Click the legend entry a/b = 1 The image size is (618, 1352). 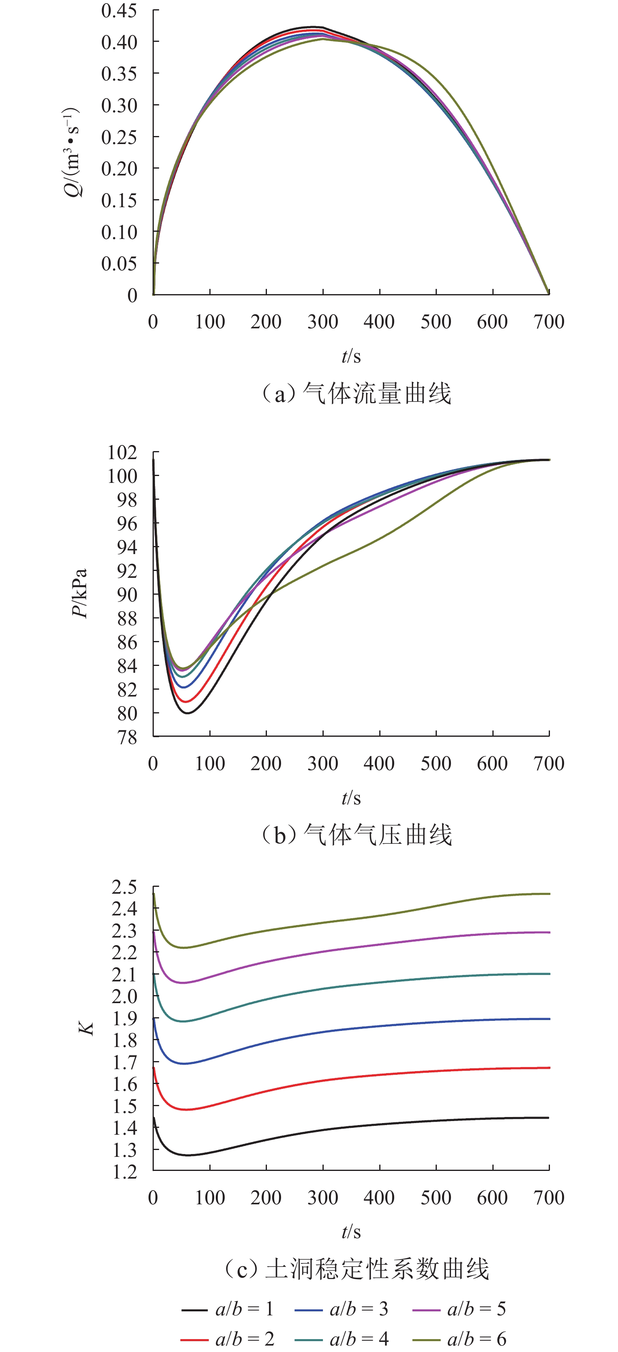(x=228, y=1309)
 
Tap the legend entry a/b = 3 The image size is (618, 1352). (x=342, y=1309)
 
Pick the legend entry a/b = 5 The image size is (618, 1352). (x=459, y=1309)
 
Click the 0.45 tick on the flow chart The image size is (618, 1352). (x=119, y=10)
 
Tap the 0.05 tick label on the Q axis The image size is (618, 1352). (x=119, y=264)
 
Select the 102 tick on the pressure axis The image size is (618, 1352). (x=122, y=452)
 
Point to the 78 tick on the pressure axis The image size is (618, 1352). (x=128, y=738)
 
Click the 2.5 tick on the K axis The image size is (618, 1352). (x=124, y=888)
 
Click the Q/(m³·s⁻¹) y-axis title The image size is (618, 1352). (x=72, y=152)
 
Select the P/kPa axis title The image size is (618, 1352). (x=79, y=594)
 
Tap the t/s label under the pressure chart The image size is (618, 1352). (x=351, y=798)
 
